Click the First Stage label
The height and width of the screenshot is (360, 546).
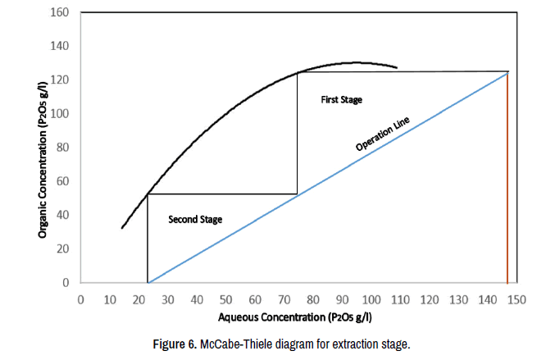click(x=341, y=99)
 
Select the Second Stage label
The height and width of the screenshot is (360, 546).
click(x=195, y=220)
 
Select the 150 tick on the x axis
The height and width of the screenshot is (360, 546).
click(x=517, y=299)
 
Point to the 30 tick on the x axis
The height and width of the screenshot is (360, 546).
click(x=168, y=299)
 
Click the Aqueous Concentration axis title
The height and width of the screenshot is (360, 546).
click(x=300, y=317)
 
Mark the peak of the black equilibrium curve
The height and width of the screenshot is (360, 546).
click(x=354, y=62)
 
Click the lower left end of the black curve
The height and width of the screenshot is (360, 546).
click(x=122, y=227)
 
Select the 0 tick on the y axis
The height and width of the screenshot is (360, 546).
click(x=66, y=283)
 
